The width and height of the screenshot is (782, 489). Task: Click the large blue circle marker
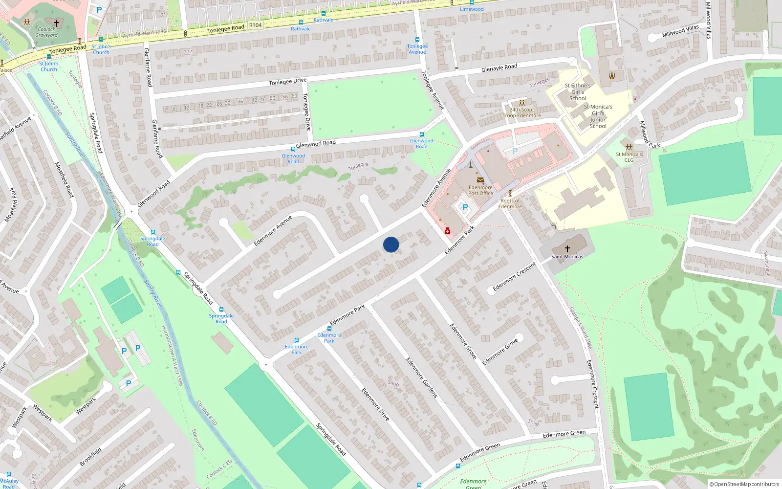391,244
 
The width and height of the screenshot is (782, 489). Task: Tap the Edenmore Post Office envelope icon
480,180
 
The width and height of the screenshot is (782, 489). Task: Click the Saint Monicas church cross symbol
567,249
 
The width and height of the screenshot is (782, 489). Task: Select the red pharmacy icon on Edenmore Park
448,231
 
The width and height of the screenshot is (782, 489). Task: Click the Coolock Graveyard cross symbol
57,23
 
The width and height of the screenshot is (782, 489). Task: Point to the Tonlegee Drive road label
287,82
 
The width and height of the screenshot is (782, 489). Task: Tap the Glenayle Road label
499,68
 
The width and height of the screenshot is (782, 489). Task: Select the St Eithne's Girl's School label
578,91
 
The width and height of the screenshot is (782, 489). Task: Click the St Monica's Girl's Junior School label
598,116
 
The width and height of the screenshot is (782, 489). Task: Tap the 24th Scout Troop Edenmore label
522,112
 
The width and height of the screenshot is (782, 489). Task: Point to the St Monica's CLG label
629,157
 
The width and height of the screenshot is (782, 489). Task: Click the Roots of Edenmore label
510,203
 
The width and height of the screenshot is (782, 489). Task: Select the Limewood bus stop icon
472,2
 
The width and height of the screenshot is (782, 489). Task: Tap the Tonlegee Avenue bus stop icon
417,40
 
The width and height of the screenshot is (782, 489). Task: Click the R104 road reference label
255,25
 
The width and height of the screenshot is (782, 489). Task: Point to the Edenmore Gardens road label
422,377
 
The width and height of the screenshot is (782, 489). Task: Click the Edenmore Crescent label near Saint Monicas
514,277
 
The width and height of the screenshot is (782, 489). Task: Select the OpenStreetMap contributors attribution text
744,484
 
